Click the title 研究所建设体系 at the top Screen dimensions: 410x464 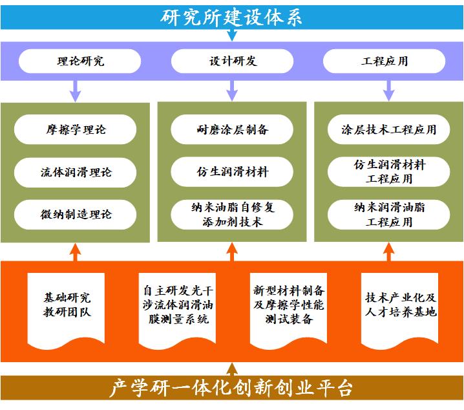click(232, 16)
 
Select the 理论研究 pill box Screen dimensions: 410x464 click(80, 61)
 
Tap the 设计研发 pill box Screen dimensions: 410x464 click(233, 61)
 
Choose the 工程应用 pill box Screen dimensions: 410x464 click(385, 61)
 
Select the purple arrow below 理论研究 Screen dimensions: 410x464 click(75, 89)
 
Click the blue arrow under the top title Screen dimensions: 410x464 click(232, 35)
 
